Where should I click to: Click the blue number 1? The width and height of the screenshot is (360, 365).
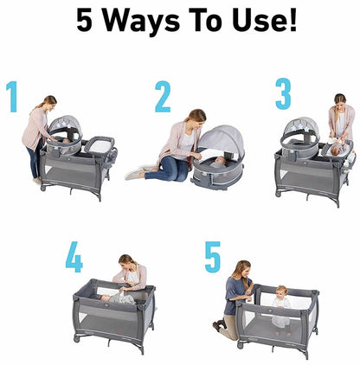(x=13, y=96)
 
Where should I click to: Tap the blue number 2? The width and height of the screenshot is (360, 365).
(x=163, y=96)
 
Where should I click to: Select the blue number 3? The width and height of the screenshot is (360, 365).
(x=283, y=93)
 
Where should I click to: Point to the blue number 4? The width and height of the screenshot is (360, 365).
(x=74, y=257)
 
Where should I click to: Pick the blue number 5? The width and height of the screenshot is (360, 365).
(x=213, y=257)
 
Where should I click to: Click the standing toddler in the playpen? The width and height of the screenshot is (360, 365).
(x=281, y=310)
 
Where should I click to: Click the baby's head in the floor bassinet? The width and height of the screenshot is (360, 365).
(x=221, y=160)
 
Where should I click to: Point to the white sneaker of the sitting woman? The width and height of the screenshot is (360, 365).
(x=136, y=174)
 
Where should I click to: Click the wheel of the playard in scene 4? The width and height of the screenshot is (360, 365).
(x=77, y=339)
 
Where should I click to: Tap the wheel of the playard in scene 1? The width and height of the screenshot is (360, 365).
(x=43, y=188)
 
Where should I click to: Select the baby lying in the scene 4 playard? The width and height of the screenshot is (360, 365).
(x=117, y=298)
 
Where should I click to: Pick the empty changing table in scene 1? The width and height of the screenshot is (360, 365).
(x=100, y=145)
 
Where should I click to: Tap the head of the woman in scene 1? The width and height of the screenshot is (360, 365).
(x=49, y=103)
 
